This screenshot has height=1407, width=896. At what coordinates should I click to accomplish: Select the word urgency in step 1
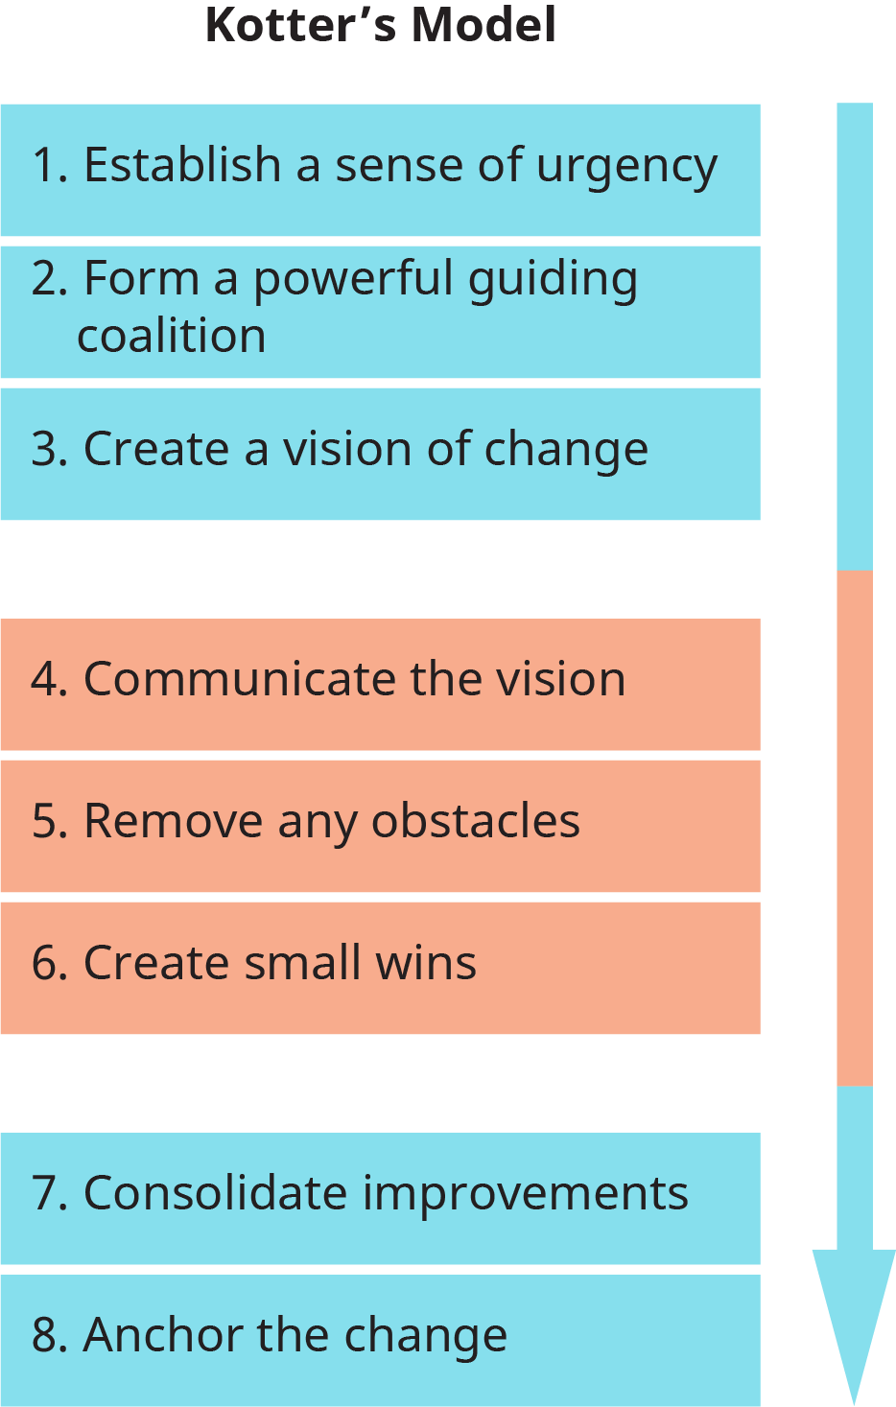click(x=626, y=167)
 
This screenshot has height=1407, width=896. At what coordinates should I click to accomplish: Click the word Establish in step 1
click(x=182, y=165)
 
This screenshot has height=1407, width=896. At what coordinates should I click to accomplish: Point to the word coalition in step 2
click(x=172, y=337)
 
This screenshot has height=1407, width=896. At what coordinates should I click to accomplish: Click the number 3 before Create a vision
click(x=43, y=450)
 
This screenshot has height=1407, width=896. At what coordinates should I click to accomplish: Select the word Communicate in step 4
click(x=240, y=679)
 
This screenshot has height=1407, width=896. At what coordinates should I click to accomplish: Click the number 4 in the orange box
click(x=43, y=679)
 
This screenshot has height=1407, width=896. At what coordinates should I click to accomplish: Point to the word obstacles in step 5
click(x=476, y=821)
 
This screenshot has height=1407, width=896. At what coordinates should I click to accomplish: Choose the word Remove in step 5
click(x=173, y=821)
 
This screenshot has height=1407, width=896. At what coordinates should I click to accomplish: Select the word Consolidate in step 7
click(x=216, y=1193)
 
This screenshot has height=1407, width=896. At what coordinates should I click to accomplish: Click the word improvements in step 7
click(x=526, y=1194)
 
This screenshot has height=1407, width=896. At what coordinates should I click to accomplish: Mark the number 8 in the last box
click(x=43, y=1335)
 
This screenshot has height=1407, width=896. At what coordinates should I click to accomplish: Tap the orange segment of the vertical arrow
click(x=854, y=828)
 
